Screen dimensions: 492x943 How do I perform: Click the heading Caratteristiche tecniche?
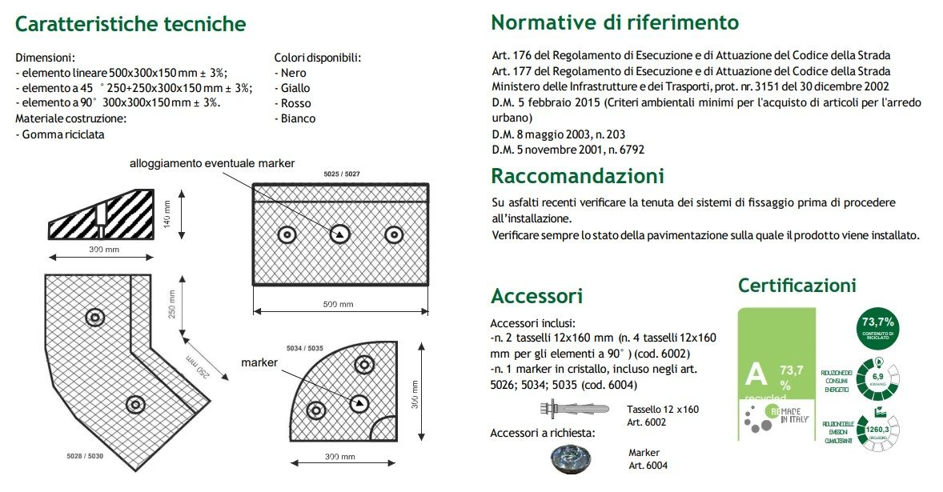point(130,24)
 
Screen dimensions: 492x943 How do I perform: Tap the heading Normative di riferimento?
point(615,22)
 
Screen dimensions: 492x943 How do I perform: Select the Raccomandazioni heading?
point(577,175)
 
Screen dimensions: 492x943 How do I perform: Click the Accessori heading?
point(536,296)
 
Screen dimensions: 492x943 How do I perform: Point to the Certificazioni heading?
point(797,285)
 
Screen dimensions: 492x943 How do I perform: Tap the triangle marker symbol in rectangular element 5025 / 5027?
point(339,234)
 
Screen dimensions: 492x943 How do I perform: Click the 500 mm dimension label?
point(339,305)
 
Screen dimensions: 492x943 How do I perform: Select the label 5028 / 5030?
point(84,456)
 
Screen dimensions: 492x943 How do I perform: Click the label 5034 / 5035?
point(304,349)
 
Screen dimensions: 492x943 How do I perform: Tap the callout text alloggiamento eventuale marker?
point(212,163)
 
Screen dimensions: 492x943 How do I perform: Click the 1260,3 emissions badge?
point(878,430)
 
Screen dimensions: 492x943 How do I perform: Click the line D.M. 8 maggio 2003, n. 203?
point(558,134)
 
